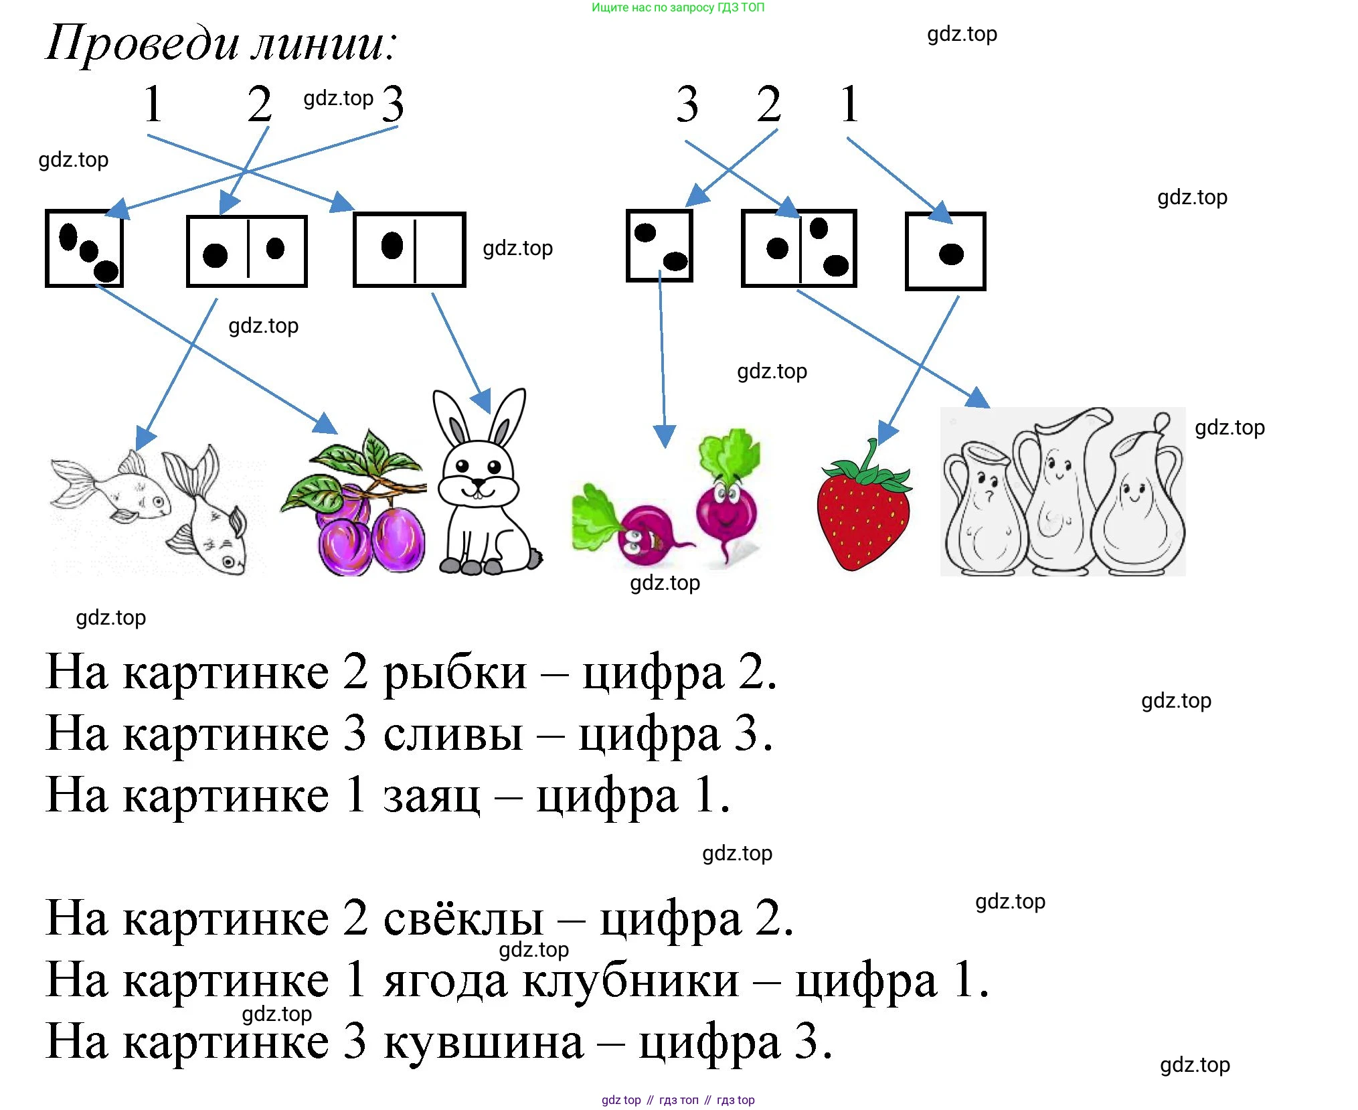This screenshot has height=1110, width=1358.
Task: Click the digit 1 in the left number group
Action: coord(153,104)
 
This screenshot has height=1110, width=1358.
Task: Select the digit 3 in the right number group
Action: coord(687,104)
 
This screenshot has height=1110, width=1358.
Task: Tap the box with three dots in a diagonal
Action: coord(84,248)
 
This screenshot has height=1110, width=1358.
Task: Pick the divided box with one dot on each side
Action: coord(246,251)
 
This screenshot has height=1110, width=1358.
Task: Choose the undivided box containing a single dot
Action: coord(945,252)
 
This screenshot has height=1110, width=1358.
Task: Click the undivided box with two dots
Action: coord(659,246)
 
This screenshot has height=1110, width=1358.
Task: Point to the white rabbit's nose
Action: coord(478,481)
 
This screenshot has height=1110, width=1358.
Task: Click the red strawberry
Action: coord(863,512)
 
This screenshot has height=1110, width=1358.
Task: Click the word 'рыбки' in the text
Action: coord(455,672)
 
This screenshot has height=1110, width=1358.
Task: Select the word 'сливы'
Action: coord(453,734)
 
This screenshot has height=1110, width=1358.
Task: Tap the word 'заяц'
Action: coord(432,796)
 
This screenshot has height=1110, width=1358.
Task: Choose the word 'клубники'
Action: coord(630,981)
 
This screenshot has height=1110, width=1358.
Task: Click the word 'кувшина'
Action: coord(483,1042)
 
